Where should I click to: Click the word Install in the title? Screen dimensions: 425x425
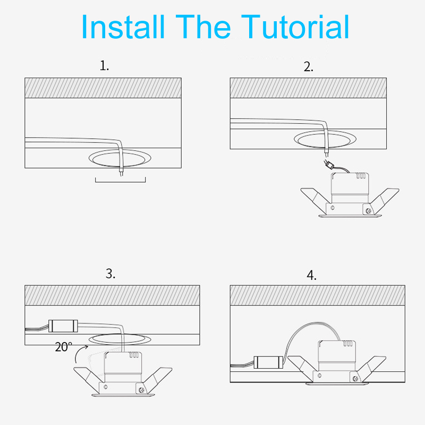[x=123, y=27]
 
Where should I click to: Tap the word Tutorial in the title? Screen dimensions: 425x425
[x=295, y=27]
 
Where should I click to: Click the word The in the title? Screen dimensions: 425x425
[x=203, y=27]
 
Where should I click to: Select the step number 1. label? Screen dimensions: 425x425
[x=104, y=65]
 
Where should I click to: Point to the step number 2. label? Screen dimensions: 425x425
[x=309, y=67]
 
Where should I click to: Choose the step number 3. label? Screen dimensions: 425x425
[x=110, y=274]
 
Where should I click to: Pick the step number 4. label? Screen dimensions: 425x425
[x=311, y=275]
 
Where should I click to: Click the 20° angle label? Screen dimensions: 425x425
[x=63, y=347]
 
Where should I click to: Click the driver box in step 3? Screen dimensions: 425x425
[x=63, y=326]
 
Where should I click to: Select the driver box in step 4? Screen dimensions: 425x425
[x=269, y=362]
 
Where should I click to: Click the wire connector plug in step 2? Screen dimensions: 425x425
[x=329, y=165]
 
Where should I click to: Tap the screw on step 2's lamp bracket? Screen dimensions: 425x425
[x=368, y=210]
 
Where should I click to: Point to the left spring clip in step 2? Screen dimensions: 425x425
[x=316, y=199]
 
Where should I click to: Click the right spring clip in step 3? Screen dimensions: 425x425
[x=157, y=379]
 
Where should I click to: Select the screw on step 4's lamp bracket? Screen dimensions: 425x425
[x=355, y=379]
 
